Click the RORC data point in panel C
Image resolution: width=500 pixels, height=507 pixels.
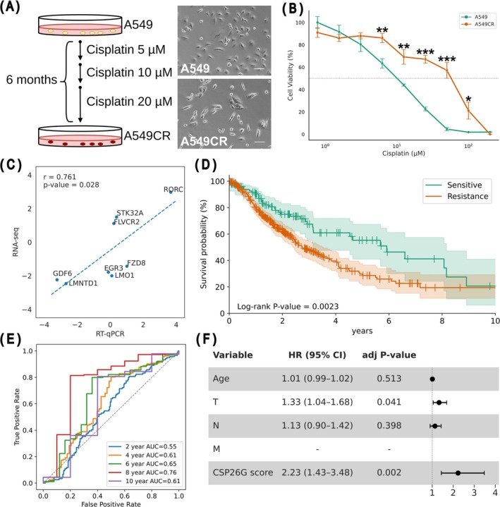(x=171, y=192)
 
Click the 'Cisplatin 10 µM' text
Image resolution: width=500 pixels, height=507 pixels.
(x=129, y=72)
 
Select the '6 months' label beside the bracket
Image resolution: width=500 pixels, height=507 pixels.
(x=32, y=80)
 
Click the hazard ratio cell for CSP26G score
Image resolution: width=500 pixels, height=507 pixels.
(x=317, y=472)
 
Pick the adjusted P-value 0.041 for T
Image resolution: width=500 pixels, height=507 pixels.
(x=389, y=402)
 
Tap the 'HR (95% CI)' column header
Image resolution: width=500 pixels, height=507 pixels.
(x=317, y=355)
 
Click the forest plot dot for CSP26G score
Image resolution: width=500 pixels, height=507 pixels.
(x=458, y=472)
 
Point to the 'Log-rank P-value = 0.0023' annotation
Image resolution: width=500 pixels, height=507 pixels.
(x=288, y=306)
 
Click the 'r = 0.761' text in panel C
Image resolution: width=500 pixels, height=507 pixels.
(x=60, y=177)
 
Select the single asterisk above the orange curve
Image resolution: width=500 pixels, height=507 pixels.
(x=468, y=99)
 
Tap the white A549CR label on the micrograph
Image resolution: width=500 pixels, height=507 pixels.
(x=204, y=141)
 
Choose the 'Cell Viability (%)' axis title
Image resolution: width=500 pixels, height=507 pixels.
(x=290, y=75)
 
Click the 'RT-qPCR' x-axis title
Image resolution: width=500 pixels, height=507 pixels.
(x=110, y=334)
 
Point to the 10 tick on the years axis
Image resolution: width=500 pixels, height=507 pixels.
(x=495, y=321)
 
